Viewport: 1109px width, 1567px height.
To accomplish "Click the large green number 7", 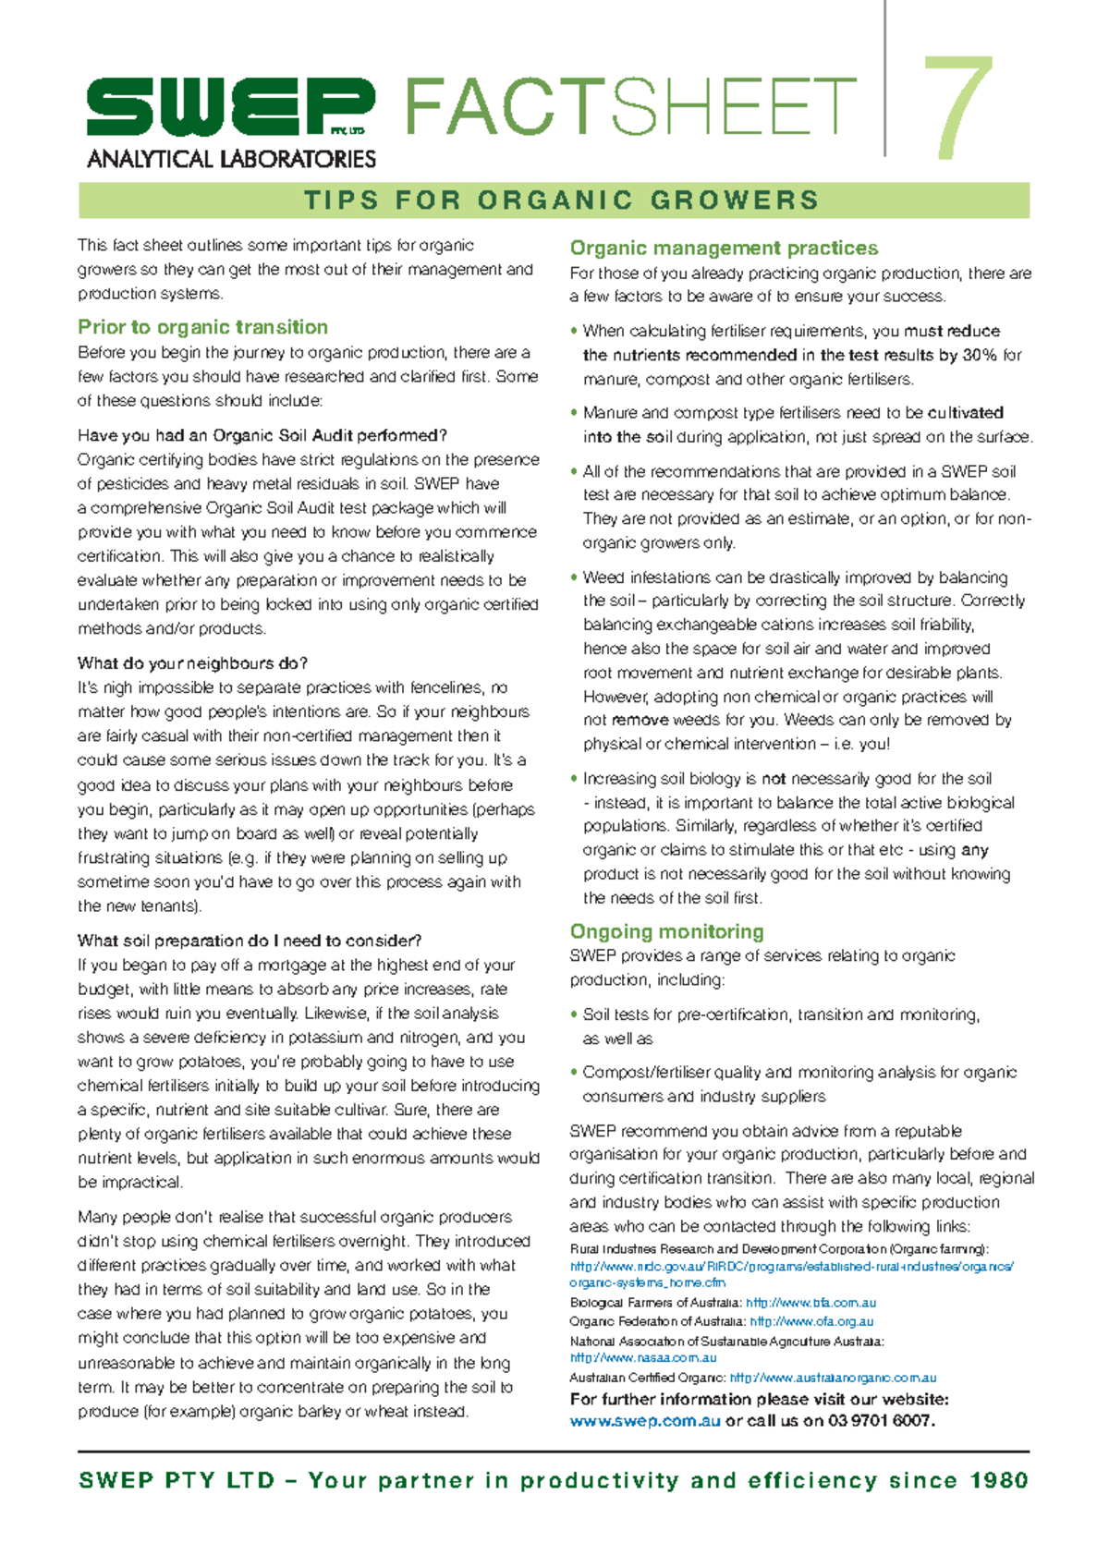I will pos(958,109).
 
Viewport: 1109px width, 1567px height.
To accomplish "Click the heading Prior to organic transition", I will pos(202,327).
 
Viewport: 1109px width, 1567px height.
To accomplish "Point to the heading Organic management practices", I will pos(724,248).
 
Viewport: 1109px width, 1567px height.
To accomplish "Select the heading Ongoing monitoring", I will pos(666,931).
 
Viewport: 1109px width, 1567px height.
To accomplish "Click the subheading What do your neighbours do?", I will pos(192,663).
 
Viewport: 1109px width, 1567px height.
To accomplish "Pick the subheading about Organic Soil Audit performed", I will pos(262,435).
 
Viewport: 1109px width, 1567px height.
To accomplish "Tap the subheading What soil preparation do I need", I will pos(250,941).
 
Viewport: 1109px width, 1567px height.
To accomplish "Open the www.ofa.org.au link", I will pos(811,1322).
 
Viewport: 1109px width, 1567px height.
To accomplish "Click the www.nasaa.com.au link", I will pos(643,1358).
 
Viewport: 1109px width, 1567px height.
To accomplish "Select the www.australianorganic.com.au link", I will pos(833,1378).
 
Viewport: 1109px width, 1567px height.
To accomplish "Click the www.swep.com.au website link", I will pos(644,1421).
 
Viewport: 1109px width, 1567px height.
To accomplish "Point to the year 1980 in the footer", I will pos(999,1481).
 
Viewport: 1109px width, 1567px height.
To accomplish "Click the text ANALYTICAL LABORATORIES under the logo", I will pos(231,159).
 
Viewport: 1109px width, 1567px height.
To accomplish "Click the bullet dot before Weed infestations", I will pos(574,577).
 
